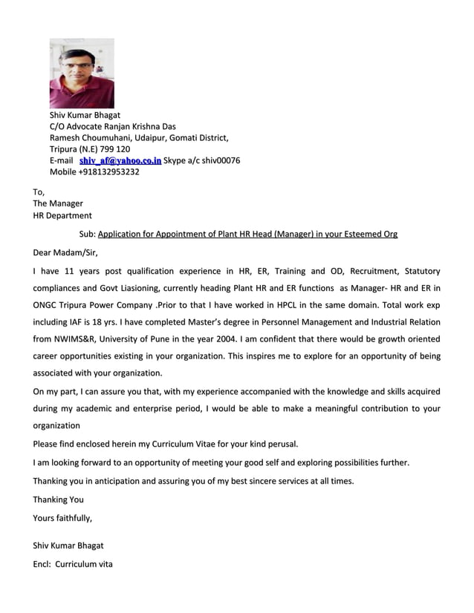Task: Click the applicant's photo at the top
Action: pyautogui.click(x=82, y=73)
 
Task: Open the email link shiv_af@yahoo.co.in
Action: pyautogui.click(x=120, y=160)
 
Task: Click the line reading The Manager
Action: pyautogui.click(x=58, y=203)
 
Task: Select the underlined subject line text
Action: pyautogui.click(x=247, y=234)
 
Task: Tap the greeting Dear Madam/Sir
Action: pyautogui.click(x=65, y=253)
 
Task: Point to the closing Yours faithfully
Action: pyautogui.click(x=62, y=518)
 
